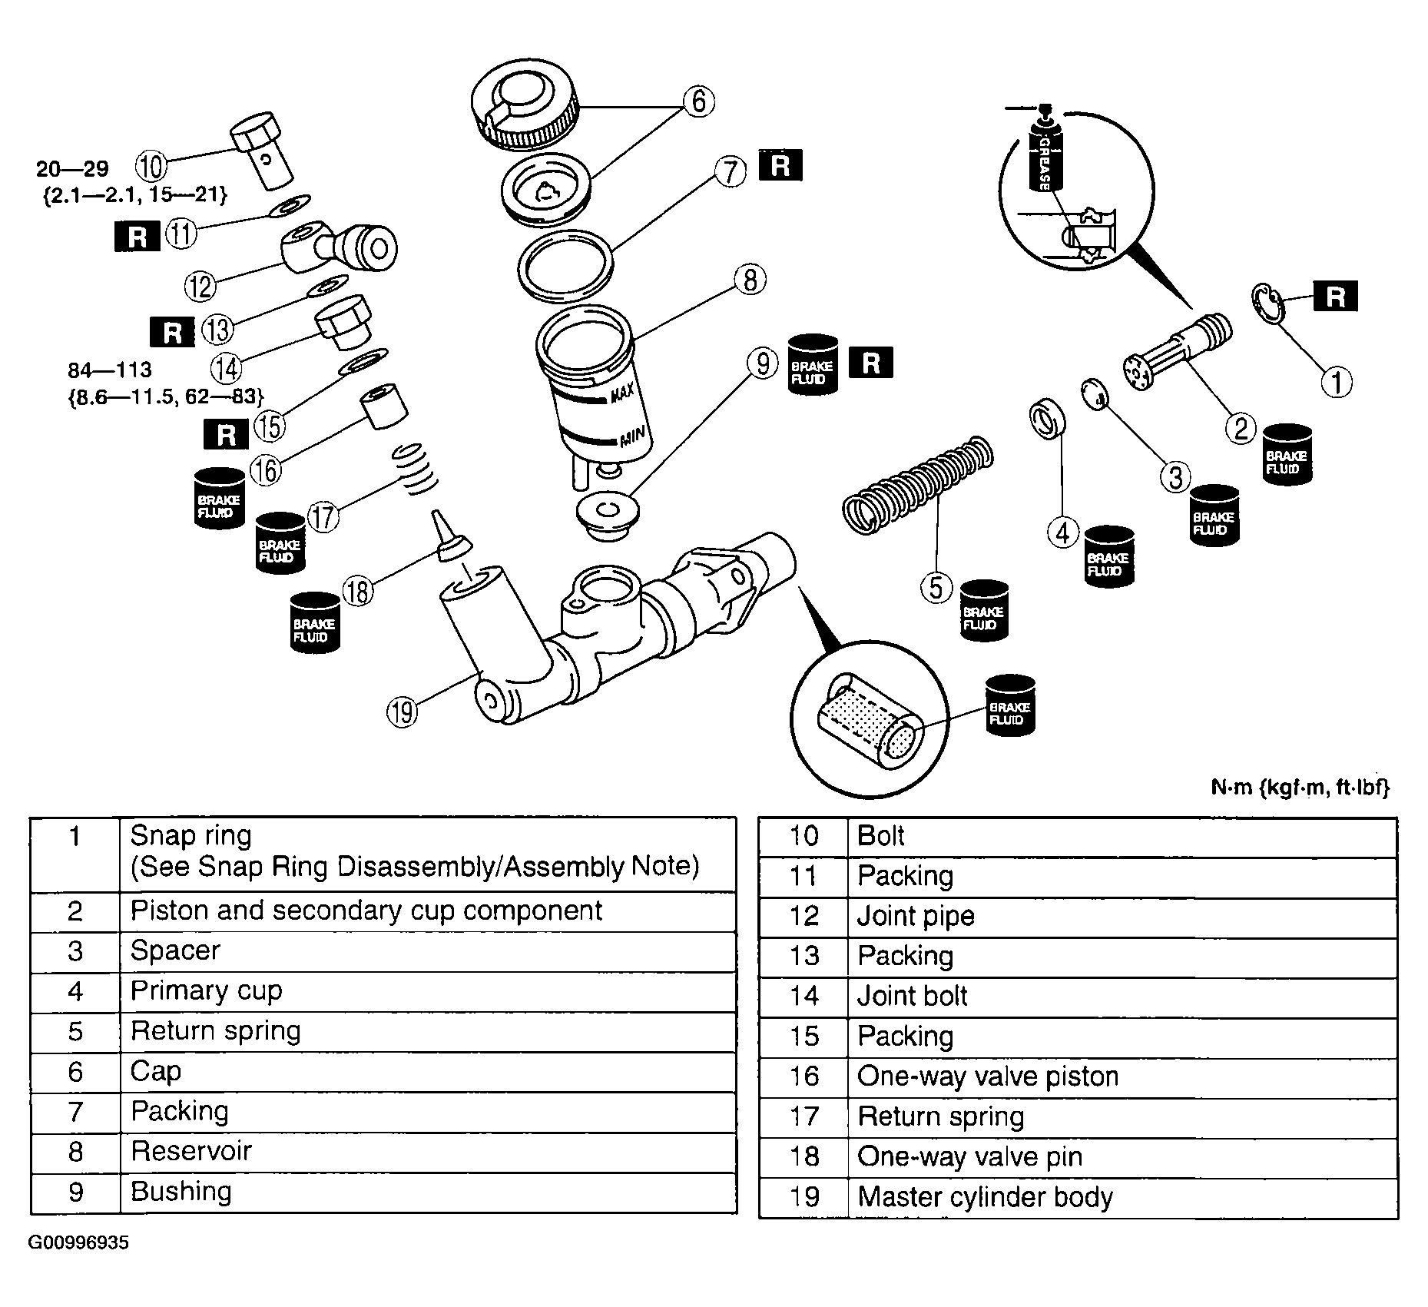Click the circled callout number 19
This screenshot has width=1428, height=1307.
403,712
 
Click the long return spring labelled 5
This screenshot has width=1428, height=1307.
918,484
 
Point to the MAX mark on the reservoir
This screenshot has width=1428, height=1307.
621,396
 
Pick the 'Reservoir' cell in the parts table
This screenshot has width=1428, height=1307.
191,1151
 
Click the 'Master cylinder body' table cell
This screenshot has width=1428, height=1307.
985,1197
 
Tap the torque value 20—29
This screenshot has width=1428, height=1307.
73,168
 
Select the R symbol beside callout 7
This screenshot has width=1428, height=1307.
780,166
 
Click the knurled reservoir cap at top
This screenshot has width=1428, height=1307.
525,105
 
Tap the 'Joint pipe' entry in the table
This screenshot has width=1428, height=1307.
916,916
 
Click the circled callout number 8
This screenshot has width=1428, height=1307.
750,280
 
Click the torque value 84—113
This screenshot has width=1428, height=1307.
110,370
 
